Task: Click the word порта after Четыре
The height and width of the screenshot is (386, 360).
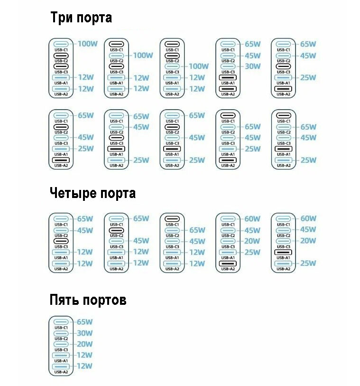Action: tap(119, 194)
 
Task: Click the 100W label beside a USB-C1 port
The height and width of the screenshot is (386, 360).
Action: tap(88, 44)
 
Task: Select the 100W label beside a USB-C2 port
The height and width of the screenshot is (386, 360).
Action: tap(143, 56)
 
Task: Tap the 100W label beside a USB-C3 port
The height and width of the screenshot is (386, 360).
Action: tap(199, 66)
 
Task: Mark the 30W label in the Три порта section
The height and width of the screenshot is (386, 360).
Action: tap(252, 66)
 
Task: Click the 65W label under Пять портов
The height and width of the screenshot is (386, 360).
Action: tap(85, 322)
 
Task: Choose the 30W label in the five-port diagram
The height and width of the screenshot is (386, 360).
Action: tap(85, 333)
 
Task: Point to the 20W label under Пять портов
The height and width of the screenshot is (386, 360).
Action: tap(85, 344)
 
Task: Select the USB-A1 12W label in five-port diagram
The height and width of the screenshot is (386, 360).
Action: tap(85, 355)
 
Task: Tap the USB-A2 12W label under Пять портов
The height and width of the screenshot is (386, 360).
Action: tap(85, 366)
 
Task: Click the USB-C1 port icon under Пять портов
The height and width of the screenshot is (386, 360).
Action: tap(61, 322)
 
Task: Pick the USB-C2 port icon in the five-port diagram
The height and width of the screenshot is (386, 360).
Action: tap(61, 333)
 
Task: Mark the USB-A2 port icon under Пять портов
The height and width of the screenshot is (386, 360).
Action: tap(61, 366)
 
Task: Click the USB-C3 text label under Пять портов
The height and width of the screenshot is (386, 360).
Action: tap(61, 349)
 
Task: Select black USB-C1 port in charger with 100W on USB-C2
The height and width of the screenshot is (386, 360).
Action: tap(116, 44)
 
